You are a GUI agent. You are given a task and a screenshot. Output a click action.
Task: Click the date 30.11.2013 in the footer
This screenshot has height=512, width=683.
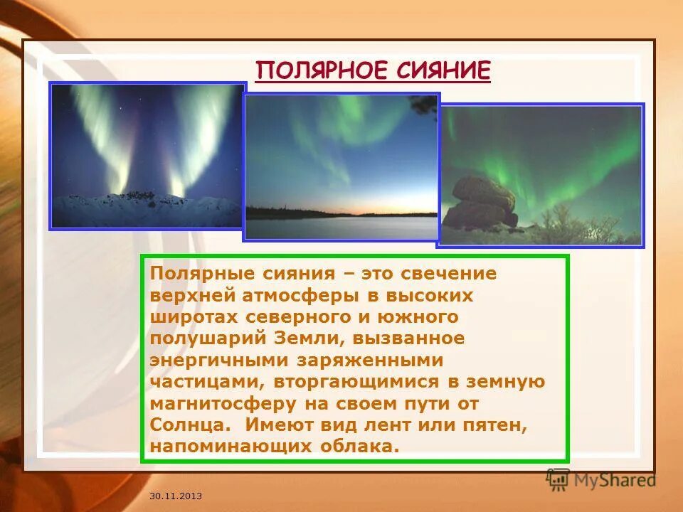click(x=176, y=495)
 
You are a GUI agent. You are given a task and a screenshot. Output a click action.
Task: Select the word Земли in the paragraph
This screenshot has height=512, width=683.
click(x=292, y=338)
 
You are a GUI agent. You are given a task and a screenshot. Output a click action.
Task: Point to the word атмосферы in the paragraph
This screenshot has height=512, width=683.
click(x=294, y=294)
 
